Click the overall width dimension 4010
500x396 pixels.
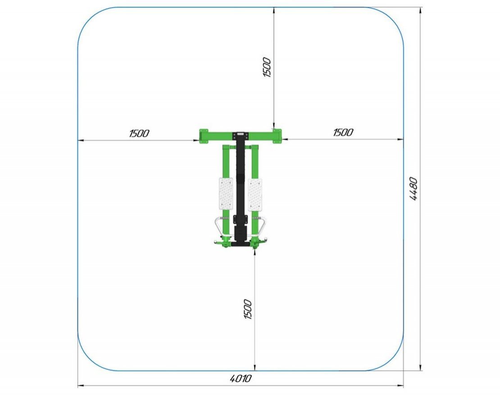(x=241, y=378)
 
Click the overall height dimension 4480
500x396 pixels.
(x=413, y=188)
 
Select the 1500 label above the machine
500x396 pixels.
(x=267, y=67)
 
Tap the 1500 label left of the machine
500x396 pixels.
(x=139, y=133)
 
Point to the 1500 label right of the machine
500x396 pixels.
(x=343, y=132)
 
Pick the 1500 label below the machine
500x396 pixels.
(x=247, y=309)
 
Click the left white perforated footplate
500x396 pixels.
(x=226, y=194)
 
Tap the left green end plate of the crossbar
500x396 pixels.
(x=204, y=136)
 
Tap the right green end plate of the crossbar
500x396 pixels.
(x=277, y=136)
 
